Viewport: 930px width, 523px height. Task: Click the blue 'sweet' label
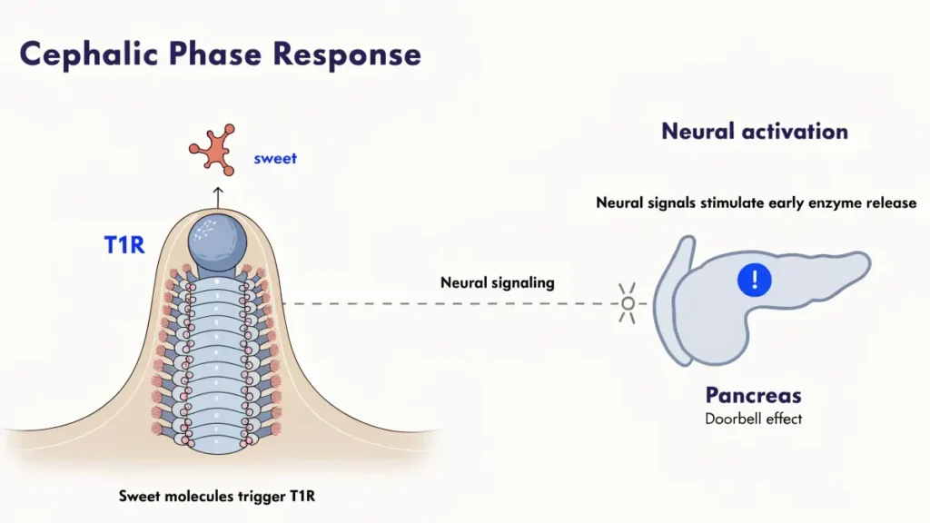pyautogui.click(x=275, y=159)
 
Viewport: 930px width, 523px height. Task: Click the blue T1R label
pyautogui.click(x=124, y=245)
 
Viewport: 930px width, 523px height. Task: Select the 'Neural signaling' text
pyautogui.click(x=497, y=282)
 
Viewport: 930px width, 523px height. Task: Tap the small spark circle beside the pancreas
pyautogui.click(x=628, y=303)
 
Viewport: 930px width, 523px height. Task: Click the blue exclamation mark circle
pyautogui.click(x=754, y=280)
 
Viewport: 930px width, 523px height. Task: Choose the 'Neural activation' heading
pyautogui.click(x=754, y=131)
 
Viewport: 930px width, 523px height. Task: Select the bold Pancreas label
pyautogui.click(x=754, y=396)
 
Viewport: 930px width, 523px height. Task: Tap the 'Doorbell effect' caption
pyautogui.click(x=754, y=419)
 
